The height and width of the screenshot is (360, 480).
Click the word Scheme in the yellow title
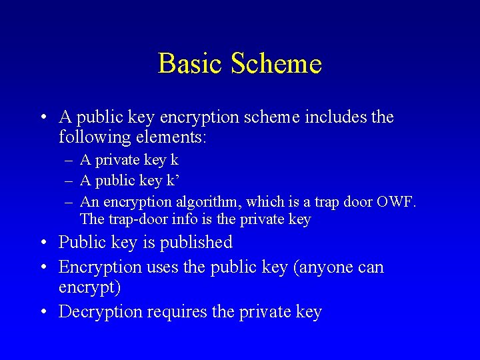(277, 64)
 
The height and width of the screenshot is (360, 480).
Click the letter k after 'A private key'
(174, 160)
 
